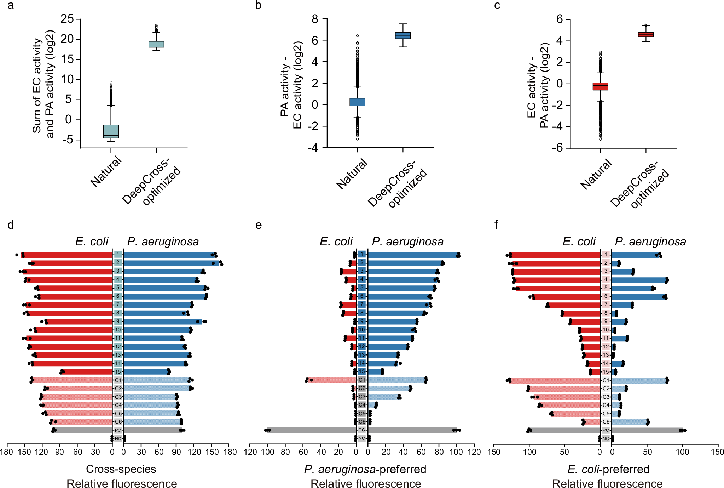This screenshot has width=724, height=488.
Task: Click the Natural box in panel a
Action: click(x=111, y=131)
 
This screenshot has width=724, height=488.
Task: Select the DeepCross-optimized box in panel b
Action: click(x=403, y=35)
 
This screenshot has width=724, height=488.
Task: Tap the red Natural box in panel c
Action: click(x=600, y=86)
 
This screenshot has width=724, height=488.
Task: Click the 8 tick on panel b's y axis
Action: click(x=315, y=19)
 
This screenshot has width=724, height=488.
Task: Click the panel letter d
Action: click(x=11, y=225)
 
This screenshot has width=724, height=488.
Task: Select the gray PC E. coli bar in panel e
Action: click(x=311, y=430)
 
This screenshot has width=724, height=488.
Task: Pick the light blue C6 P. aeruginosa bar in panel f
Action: click(x=630, y=422)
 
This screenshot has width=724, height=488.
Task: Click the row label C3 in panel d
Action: click(x=118, y=397)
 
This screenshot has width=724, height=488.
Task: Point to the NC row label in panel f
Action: click(x=606, y=439)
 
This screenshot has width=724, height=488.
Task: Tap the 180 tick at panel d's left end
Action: click(x=7, y=452)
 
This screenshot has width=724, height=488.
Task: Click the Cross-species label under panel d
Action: click(x=121, y=469)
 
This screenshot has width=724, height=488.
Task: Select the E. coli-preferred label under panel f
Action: click(x=608, y=469)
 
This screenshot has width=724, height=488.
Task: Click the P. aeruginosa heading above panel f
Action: click(x=650, y=242)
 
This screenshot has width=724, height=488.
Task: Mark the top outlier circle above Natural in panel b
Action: click(x=357, y=36)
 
